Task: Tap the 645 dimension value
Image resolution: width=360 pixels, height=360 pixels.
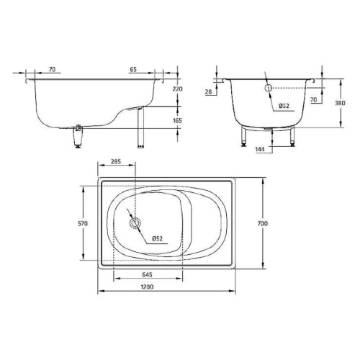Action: [x=146, y=275]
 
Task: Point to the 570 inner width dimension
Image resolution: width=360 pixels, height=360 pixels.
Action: [x=83, y=224]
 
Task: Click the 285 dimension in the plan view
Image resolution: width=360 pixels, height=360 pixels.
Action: [x=115, y=163]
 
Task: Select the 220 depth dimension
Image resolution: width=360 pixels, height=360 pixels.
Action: [x=179, y=89]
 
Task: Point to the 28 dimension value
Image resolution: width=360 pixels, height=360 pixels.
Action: [x=208, y=92]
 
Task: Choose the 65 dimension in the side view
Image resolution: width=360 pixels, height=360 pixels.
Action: [x=134, y=69]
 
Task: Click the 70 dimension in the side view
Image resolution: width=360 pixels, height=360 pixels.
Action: [x=53, y=69]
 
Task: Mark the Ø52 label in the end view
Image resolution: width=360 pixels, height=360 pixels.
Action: [x=285, y=106]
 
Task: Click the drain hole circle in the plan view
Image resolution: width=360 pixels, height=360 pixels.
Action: [x=135, y=224]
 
